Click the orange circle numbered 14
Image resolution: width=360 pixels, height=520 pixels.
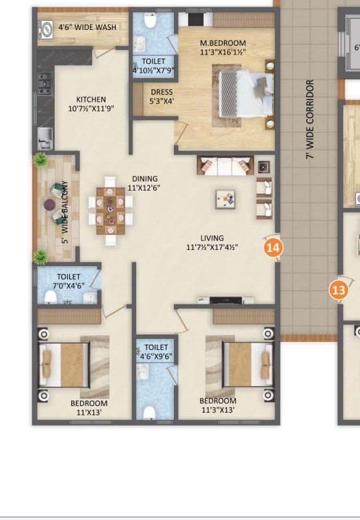[273, 248]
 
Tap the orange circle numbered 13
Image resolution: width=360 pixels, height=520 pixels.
[339, 291]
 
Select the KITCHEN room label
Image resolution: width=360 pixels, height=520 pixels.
[91, 99]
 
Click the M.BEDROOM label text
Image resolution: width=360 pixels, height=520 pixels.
[223, 43]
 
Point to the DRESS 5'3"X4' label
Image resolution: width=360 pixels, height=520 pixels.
[162, 97]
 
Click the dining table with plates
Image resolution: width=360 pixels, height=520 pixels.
[111, 211]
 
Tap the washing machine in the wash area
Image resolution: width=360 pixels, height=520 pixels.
[45, 29]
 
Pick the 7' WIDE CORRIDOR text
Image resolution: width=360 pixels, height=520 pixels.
[309, 119]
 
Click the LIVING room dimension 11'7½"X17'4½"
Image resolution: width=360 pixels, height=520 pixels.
[212, 247]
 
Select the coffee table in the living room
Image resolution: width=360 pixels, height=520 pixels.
[225, 199]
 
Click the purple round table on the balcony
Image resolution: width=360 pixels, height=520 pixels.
[50, 205]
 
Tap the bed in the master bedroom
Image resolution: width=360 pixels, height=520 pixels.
[246, 93]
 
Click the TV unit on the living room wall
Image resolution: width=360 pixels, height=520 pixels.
[225, 301]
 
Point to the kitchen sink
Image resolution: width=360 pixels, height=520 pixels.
[45, 138]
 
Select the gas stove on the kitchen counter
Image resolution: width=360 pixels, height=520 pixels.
[45, 84]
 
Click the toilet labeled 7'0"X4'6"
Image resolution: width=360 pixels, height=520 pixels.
[69, 281]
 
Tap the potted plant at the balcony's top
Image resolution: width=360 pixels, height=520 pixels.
[41, 159]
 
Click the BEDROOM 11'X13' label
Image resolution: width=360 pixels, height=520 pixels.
[89, 408]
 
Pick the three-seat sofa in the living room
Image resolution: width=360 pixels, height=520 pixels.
[225, 165]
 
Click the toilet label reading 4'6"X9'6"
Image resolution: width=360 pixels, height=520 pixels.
[156, 352]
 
